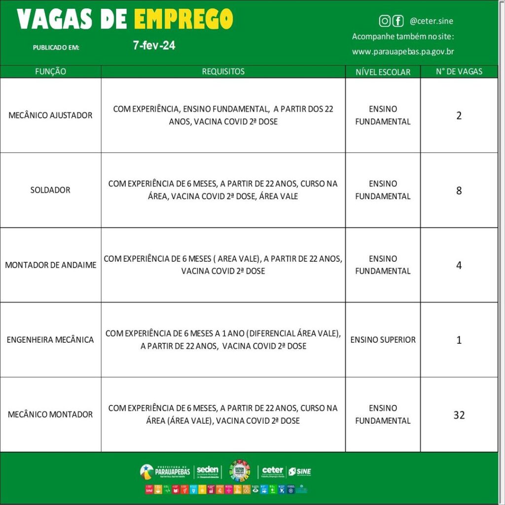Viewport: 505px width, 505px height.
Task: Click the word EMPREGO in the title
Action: point(183,19)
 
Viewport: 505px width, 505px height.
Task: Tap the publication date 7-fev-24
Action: point(154,46)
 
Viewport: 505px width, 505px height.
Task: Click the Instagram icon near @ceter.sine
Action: point(385,21)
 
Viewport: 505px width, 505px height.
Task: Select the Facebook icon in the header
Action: point(398,21)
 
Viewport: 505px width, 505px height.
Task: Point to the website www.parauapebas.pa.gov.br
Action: point(403,51)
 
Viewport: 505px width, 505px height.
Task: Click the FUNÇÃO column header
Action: point(50,72)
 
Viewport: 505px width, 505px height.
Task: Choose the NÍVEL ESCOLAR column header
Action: point(383,72)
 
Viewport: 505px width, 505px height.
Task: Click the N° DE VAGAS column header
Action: point(459,72)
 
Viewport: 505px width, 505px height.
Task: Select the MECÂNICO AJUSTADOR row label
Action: point(50,115)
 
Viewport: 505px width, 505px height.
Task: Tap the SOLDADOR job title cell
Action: point(50,190)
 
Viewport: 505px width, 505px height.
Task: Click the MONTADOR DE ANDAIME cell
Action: point(50,265)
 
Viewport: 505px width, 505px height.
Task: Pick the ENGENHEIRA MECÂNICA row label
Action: point(50,340)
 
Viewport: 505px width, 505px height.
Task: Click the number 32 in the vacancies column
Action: point(459,415)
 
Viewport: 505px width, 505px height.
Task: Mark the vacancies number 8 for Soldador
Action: point(459,190)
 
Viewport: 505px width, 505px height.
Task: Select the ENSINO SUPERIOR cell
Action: point(383,340)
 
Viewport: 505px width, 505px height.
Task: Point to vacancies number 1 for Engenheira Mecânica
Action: point(459,340)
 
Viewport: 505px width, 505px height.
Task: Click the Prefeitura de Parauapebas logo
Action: point(165,471)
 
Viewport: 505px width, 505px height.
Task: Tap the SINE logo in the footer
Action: point(299,471)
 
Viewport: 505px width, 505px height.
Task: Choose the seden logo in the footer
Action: point(207,471)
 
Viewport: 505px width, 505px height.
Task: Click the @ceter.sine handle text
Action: point(431,21)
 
